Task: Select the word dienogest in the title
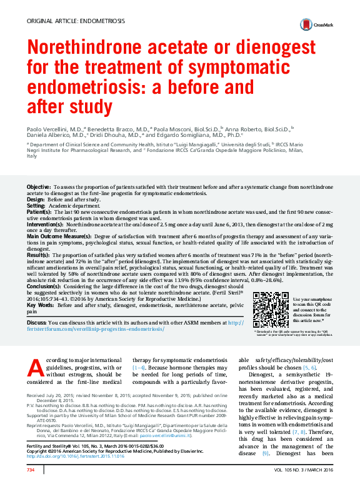[279, 48]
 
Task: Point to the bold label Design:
[36, 199]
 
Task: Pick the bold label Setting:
[36, 206]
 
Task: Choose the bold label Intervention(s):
[46, 224]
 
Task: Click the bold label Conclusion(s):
[46, 286]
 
